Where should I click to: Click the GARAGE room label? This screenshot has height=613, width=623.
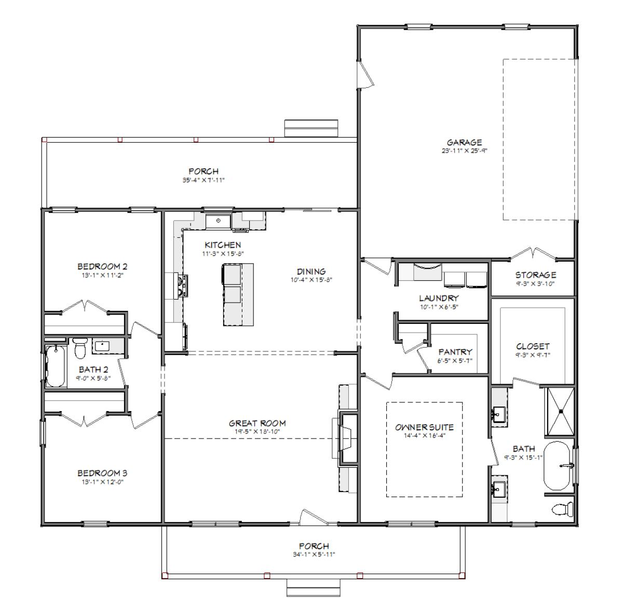(x=464, y=142)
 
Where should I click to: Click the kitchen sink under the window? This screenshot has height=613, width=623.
(x=218, y=221)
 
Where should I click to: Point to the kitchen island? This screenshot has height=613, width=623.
(x=238, y=294)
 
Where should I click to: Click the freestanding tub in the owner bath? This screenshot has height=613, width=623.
(x=557, y=466)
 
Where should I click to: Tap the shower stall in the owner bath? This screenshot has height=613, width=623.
(x=561, y=412)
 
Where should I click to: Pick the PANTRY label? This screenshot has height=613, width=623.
(x=455, y=352)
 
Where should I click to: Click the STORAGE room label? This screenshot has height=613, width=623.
(x=536, y=275)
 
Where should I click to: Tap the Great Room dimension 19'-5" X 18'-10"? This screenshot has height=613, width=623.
(x=258, y=432)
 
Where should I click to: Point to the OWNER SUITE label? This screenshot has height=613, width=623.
(x=424, y=427)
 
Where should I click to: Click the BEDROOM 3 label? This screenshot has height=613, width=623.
(x=102, y=473)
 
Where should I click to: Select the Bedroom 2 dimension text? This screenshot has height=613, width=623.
(x=102, y=276)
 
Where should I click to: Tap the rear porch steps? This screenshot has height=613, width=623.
(x=311, y=128)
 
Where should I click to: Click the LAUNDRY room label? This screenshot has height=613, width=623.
(x=439, y=298)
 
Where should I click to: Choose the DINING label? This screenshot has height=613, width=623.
(x=311, y=271)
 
